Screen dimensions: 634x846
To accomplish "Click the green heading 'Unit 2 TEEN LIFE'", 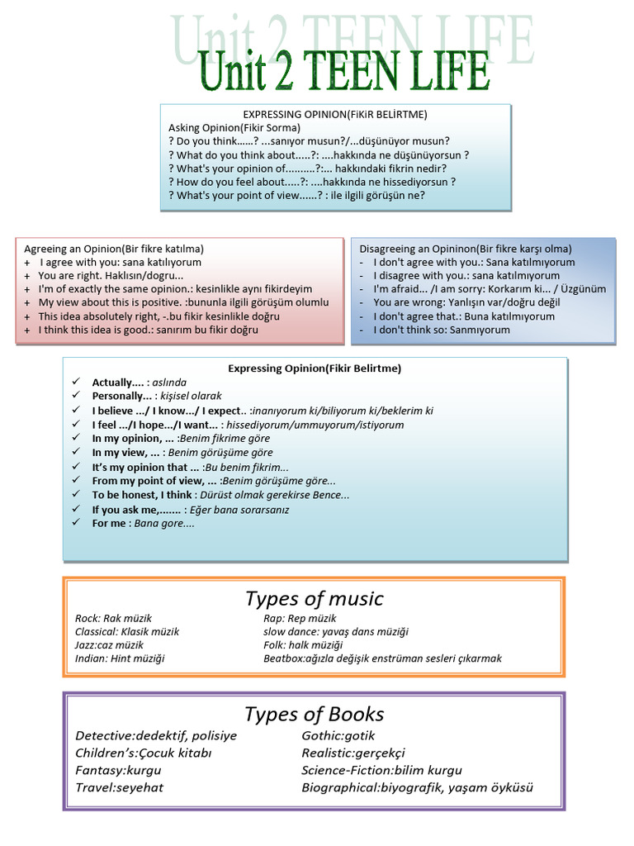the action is tap(344, 72).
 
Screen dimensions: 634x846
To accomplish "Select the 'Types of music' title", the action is tap(315, 599).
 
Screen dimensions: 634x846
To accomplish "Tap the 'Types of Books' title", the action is tap(315, 714).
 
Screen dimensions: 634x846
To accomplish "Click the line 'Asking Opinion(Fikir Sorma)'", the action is tap(234, 128).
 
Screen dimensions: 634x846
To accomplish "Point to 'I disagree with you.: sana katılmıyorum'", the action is tap(466, 276).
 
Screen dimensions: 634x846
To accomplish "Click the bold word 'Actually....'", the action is tap(118, 383).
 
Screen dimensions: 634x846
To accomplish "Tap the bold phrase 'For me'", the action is tap(109, 523).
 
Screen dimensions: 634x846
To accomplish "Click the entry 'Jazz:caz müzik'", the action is tap(109, 645).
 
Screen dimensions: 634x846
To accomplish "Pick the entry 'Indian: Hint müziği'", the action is tap(120, 658).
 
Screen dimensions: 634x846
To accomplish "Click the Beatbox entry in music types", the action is tap(382, 658).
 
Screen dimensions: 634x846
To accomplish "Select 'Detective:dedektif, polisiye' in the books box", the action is tap(156, 735).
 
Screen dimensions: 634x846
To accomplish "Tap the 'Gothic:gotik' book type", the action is tap(338, 735).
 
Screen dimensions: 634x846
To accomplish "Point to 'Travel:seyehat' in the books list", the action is tap(119, 787).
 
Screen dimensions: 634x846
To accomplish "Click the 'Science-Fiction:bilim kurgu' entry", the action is tap(381, 770).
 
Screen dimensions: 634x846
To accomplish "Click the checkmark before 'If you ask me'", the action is tap(76, 510).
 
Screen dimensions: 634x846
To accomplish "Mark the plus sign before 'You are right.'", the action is tap(27, 276).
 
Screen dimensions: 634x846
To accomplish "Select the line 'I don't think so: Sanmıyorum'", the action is tap(442, 330).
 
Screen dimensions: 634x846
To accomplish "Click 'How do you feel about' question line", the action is tap(312, 182).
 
